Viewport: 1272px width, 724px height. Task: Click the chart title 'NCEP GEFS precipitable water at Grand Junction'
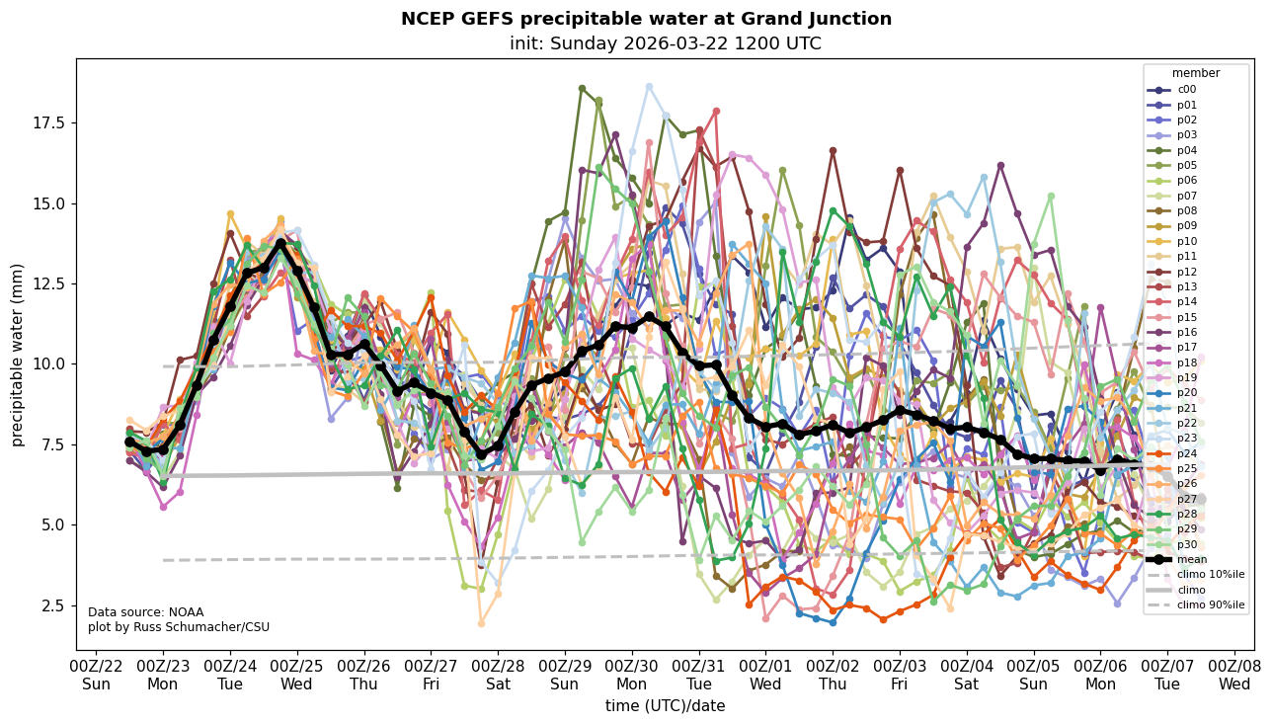646,19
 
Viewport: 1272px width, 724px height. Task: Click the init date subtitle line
665,43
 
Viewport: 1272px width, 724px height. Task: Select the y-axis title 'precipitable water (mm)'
18,355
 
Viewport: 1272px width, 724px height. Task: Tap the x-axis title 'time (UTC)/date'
665,705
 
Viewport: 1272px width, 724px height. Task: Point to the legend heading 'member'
1195,73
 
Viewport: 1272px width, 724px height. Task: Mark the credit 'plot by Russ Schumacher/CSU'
178,627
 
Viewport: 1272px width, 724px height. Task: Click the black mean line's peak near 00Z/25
280,243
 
